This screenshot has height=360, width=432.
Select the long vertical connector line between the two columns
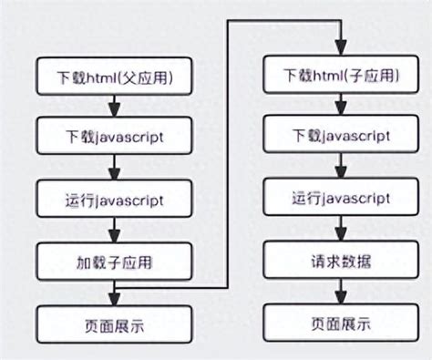227,155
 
